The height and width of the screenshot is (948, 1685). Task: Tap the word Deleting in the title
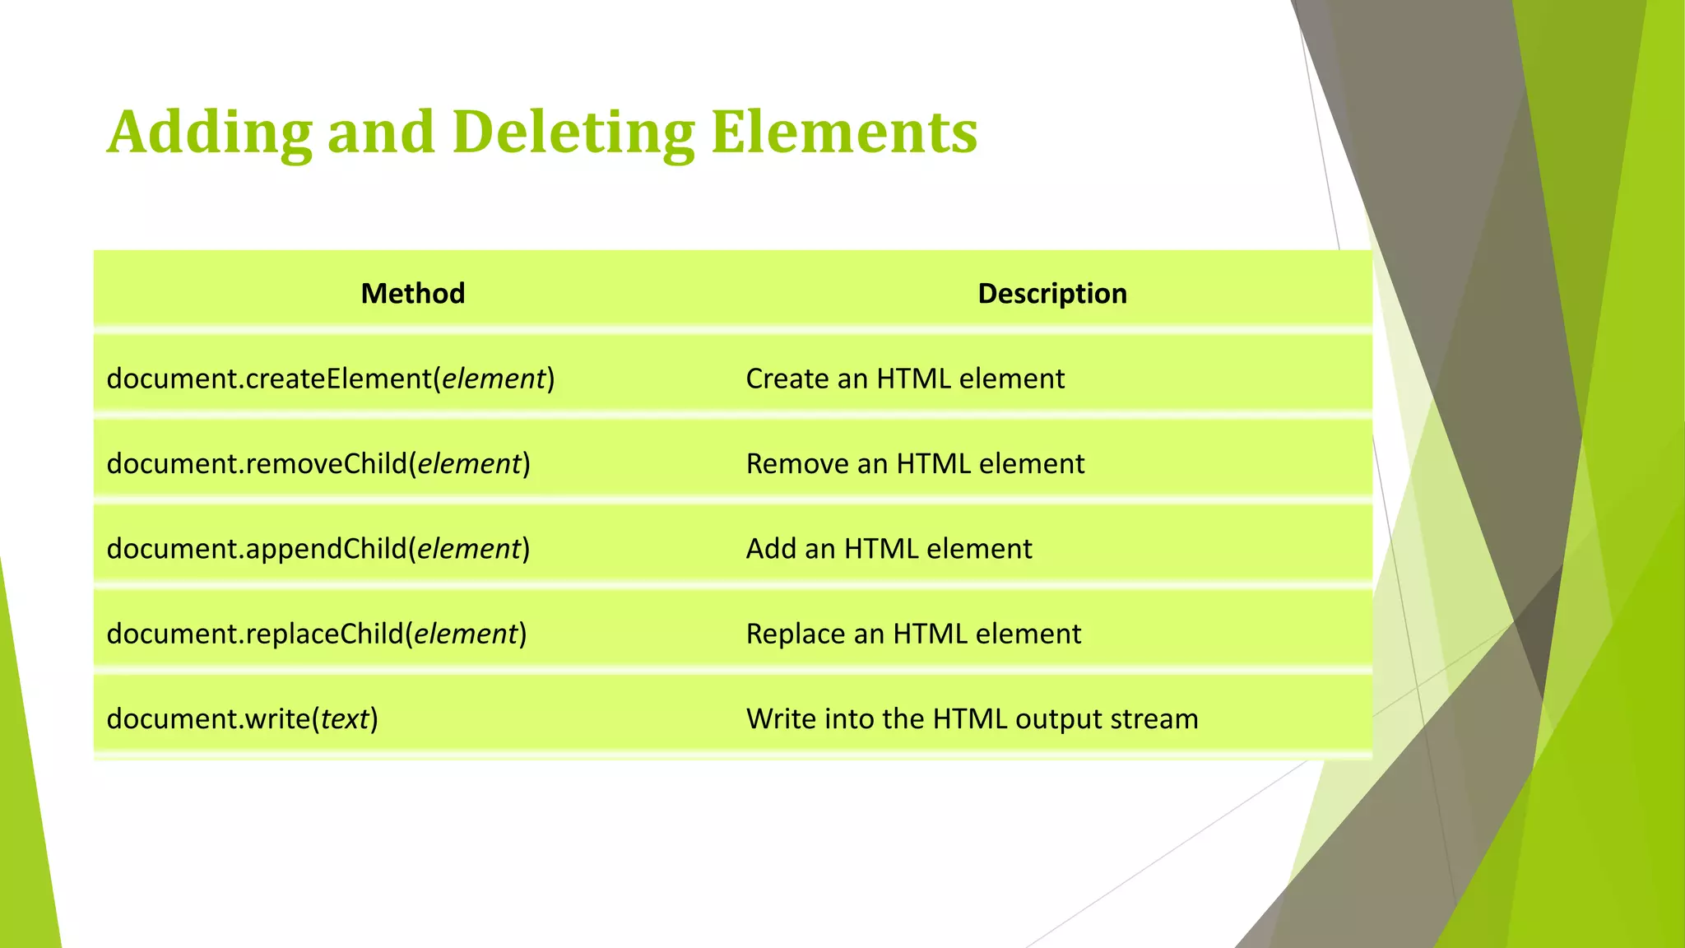[x=573, y=132]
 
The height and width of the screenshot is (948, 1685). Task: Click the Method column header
[x=413, y=294]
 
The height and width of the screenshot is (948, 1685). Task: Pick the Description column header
[x=1052, y=294]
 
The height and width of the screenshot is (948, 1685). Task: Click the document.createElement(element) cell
[x=331, y=379]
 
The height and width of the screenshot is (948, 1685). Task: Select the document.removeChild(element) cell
[x=318, y=464]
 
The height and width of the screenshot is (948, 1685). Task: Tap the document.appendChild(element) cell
[x=318, y=549]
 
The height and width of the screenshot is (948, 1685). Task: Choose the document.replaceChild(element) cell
[x=317, y=634]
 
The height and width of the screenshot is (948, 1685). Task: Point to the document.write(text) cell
[x=243, y=719]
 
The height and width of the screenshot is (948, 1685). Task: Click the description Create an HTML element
[x=905, y=379]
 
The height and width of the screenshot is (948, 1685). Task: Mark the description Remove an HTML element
[x=915, y=464]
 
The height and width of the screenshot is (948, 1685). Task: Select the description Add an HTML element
[x=889, y=549]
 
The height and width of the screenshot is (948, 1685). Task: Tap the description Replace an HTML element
[x=913, y=634]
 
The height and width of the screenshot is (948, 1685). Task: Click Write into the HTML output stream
[x=972, y=719]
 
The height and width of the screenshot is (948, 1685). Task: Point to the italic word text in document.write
[x=345, y=719]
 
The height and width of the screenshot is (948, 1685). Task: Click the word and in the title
[x=381, y=132]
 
